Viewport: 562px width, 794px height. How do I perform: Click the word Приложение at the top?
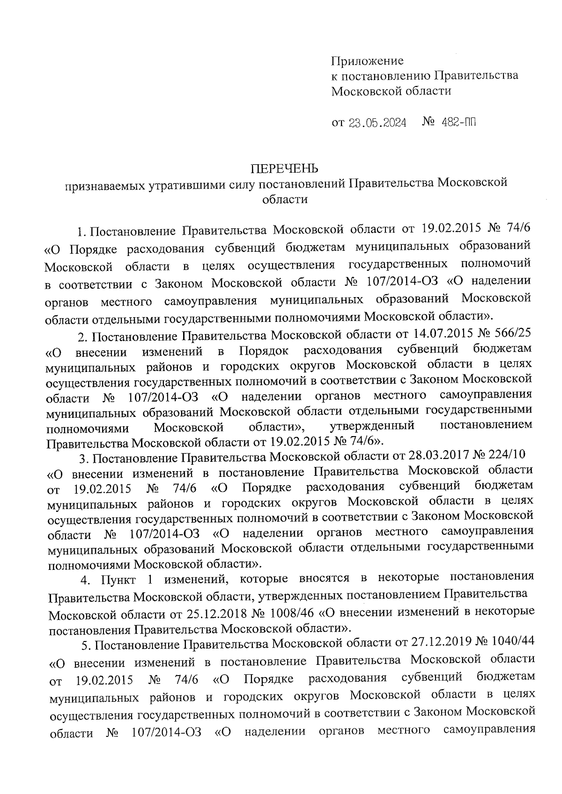(x=367, y=61)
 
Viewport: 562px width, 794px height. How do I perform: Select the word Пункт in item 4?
(x=118, y=580)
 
